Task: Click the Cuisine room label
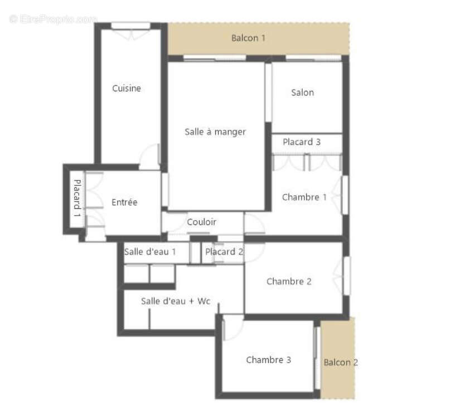(x=127, y=89)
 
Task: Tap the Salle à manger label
(x=215, y=132)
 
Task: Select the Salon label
(x=303, y=92)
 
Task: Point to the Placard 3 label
(x=302, y=142)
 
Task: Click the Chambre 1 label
(x=304, y=197)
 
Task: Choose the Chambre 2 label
(x=289, y=281)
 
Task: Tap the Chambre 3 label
(x=269, y=360)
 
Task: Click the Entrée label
(x=124, y=202)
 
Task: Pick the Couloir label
(x=201, y=222)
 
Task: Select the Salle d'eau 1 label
(x=150, y=252)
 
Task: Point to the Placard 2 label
(x=224, y=252)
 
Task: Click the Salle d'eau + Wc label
(x=176, y=301)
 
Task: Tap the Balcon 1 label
(x=249, y=38)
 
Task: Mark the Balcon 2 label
(x=341, y=363)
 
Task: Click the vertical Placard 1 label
(x=77, y=198)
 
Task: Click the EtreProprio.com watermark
(x=53, y=19)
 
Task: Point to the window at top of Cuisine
(x=131, y=26)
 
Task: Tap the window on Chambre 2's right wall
(x=347, y=275)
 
